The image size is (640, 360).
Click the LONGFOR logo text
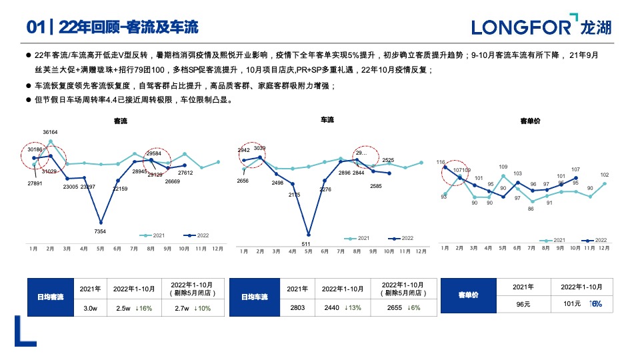point(521,27)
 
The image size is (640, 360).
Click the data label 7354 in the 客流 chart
point(100,231)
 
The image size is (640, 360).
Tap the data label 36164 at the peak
point(50,132)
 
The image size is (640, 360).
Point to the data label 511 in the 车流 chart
point(307,243)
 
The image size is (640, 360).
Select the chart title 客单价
point(530,121)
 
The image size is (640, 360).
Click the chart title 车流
point(327,119)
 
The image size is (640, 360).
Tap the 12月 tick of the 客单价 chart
point(604,248)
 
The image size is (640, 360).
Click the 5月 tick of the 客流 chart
point(100,249)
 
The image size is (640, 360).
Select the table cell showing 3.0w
point(90,308)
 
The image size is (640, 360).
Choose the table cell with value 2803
point(297,308)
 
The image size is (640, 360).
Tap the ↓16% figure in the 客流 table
point(143,308)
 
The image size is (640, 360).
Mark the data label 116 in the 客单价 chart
point(441,162)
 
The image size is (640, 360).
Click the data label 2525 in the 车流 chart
point(388,160)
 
